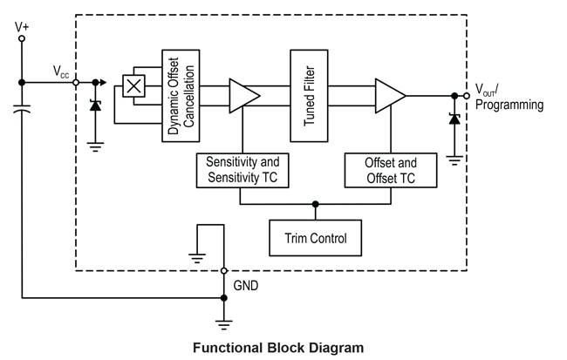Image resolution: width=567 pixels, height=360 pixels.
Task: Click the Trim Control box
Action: click(316, 238)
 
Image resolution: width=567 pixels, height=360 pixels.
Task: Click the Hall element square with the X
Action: click(133, 85)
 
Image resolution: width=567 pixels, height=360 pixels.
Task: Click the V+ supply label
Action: click(22, 27)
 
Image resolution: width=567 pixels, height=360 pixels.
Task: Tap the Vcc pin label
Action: click(60, 70)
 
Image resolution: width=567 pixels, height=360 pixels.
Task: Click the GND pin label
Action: click(246, 285)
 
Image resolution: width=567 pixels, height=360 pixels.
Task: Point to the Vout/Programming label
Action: click(509, 97)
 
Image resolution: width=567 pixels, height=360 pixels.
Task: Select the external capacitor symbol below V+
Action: click(23, 112)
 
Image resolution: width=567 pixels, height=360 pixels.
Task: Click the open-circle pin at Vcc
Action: click(76, 83)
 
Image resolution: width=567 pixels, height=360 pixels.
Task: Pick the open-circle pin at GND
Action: click(224, 271)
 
